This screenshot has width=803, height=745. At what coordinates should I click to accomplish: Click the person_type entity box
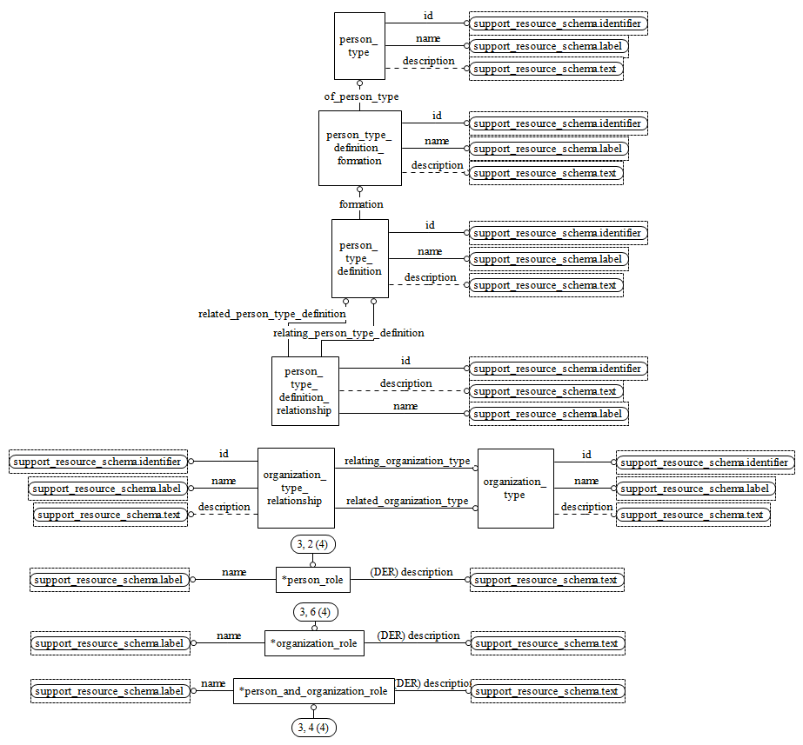coord(359,46)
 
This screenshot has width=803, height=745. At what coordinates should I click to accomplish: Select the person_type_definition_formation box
coord(359,148)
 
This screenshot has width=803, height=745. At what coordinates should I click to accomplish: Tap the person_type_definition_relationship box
coord(304,390)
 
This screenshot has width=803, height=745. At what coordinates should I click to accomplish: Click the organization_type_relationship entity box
coord(296,488)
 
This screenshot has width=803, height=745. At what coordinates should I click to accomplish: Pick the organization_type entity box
coord(515,488)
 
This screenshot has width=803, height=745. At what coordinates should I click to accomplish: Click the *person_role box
coord(313,580)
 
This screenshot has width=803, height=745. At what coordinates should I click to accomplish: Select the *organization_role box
coord(314,643)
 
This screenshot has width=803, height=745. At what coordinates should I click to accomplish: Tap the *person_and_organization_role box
coord(313,691)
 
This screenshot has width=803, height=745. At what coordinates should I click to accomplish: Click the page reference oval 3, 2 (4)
coord(313,545)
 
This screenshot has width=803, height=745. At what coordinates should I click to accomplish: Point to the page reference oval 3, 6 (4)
coord(314,612)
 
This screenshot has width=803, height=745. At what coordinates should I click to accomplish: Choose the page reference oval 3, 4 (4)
coord(313,727)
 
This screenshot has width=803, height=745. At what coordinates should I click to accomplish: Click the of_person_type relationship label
coord(361,96)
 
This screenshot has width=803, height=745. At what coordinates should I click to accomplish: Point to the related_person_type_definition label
coord(271,314)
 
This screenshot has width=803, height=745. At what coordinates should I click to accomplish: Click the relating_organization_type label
coord(407,461)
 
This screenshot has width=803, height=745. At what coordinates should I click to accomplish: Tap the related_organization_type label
coord(407,501)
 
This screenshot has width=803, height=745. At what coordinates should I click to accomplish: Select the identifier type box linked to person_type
coord(559,23)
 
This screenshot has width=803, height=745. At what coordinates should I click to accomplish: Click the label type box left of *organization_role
coord(110,643)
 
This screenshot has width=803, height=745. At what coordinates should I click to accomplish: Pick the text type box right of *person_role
coord(546,580)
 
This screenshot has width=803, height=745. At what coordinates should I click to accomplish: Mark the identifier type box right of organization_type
coord(705,462)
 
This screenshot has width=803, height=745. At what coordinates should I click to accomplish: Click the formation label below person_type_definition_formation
coord(361,204)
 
